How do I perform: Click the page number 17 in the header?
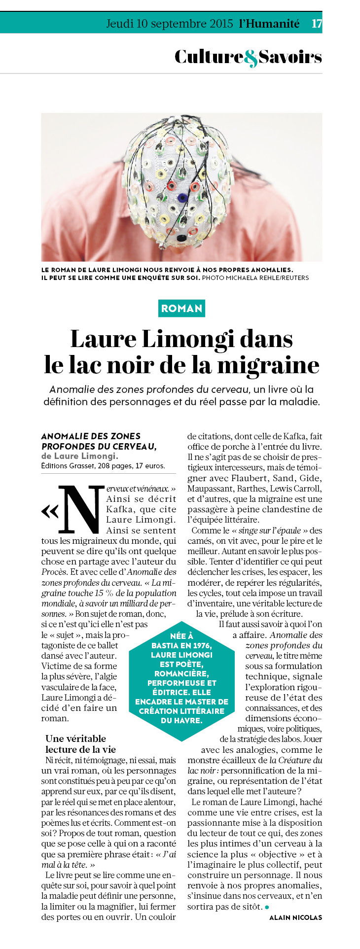pyautogui.click(x=317, y=23)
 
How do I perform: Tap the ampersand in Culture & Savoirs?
pyautogui.click(x=251, y=58)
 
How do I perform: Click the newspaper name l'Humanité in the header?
pyautogui.click(x=269, y=23)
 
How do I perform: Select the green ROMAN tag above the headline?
pyautogui.click(x=182, y=309)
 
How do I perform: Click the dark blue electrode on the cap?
pyautogui.click(x=182, y=198)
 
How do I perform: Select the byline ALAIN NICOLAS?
pyautogui.click(x=295, y=917)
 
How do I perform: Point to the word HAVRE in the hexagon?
pyautogui.click(x=189, y=720)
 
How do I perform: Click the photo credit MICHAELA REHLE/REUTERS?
pyautogui.click(x=267, y=278)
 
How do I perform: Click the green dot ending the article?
pyautogui.click(x=267, y=907)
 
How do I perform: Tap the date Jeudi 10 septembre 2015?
pyautogui.click(x=170, y=23)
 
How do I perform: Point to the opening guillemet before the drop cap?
pyautogui.click(x=50, y=512)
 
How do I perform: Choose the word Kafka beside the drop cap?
pyautogui.click(x=119, y=509)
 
